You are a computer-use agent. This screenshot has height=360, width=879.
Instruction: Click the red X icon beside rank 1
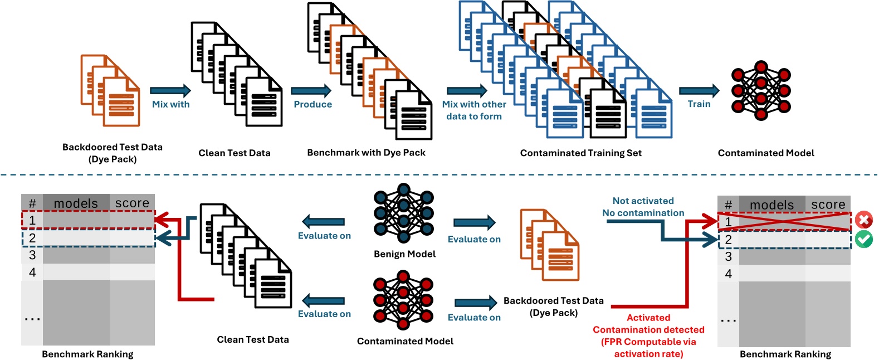coord(864,220)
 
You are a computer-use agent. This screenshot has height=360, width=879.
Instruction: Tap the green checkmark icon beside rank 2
coord(864,239)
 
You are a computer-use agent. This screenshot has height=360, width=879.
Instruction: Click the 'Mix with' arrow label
coord(170,104)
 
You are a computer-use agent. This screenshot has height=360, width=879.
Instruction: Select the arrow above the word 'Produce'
coord(311,91)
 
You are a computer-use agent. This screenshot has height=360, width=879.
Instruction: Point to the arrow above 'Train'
coord(699,91)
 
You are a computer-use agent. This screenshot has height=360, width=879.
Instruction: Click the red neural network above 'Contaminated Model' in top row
coord(761,90)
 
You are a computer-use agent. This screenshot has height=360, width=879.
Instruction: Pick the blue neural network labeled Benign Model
coord(404,213)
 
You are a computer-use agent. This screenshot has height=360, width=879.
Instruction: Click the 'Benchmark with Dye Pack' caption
coord(366,153)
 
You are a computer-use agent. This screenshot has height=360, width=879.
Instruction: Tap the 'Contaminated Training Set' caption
coord(580,153)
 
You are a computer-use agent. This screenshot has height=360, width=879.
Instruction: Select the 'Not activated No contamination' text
coord(643,207)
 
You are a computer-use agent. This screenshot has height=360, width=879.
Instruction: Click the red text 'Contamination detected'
coord(648,330)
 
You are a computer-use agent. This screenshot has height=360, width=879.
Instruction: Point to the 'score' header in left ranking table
coord(132,203)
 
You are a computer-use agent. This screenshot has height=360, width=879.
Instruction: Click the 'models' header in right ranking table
coord(771,205)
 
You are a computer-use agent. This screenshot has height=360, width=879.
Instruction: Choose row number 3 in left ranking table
coord(32,255)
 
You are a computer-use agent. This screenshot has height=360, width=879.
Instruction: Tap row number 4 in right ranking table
coord(728,274)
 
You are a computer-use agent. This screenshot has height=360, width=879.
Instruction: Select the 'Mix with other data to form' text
coord(474,110)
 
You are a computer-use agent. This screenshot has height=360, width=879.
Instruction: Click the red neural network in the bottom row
coord(403,300)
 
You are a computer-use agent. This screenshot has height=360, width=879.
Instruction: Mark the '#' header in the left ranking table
coord(32,203)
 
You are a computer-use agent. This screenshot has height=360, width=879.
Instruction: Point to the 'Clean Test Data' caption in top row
coord(234,153)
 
